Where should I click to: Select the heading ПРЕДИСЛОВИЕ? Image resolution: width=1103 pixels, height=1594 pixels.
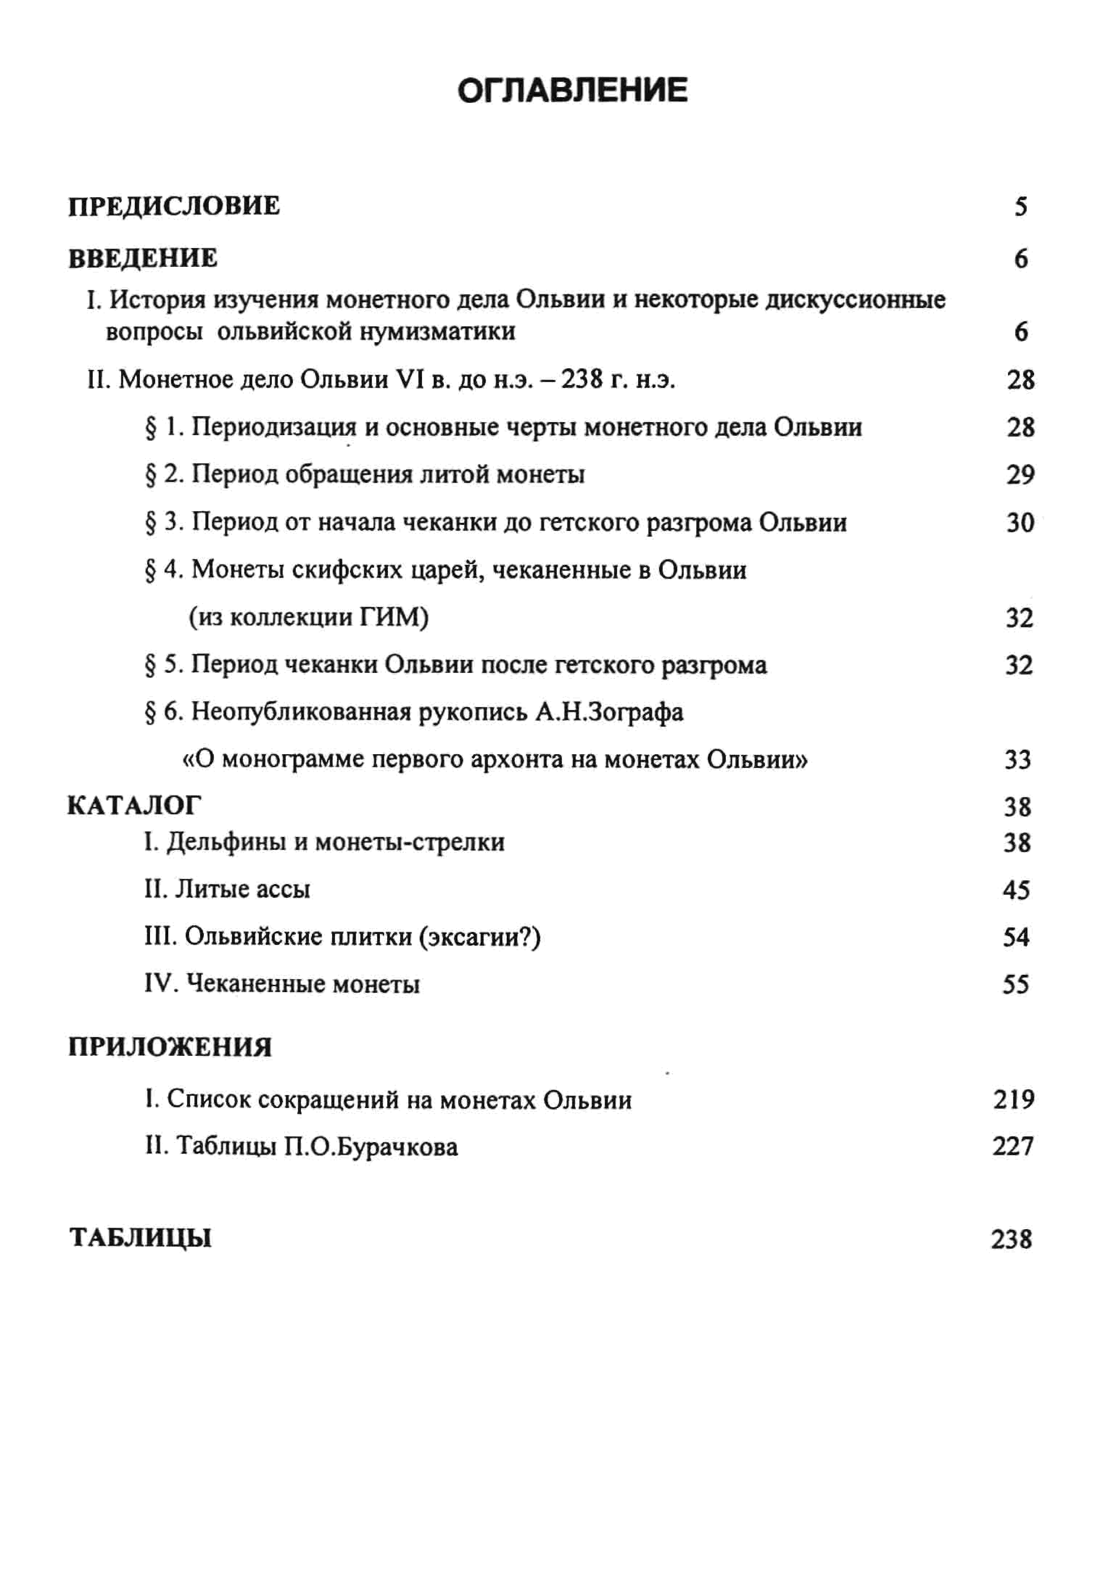174,206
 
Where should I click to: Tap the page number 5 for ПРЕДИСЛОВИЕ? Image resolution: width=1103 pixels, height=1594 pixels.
1021,207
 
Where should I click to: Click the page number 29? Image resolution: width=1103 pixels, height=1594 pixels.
1020,475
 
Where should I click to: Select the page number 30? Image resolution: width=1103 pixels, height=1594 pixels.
1020,523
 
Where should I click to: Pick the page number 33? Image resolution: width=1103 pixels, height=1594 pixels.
1017,760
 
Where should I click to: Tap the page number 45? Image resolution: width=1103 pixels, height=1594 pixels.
1016,890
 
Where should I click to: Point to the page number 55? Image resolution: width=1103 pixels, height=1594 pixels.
1016,984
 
